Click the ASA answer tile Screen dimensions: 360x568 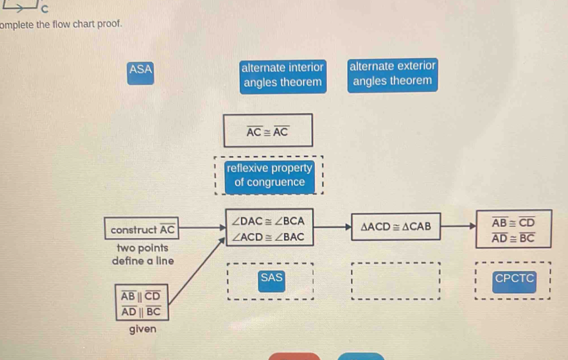tap(140, 70)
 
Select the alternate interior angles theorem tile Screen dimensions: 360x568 tap(283, 75)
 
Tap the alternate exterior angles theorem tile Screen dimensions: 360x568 tap(393, 74)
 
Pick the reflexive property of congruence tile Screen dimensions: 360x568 tap(270, 175)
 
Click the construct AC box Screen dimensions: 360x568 tap(143, 229)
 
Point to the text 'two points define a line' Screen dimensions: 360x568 tap(142, 255)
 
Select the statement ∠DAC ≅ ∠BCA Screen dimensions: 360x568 tap(268, 221)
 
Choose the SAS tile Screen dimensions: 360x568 tap(272, 278)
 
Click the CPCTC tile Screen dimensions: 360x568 tap(514, 278)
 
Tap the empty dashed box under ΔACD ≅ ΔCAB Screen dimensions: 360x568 tap(395, 280)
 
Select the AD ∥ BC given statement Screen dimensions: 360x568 tap(140, 311)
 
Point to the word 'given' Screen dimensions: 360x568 tap(142, 329)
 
